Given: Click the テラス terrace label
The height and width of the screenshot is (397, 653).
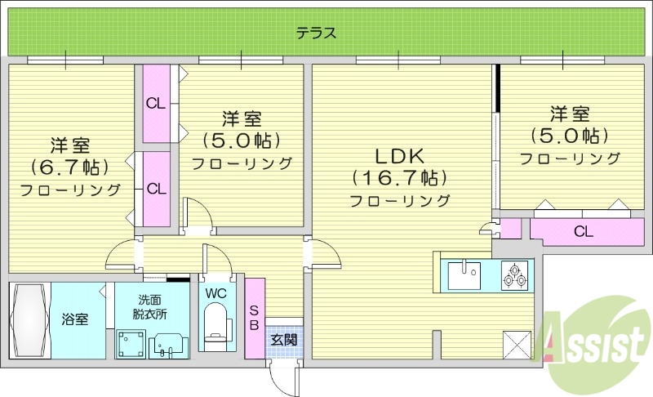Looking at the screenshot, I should pos(316,33).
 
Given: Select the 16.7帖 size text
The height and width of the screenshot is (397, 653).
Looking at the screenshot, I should pos(399,177).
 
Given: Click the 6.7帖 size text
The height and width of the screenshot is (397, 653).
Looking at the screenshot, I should pos(69,167).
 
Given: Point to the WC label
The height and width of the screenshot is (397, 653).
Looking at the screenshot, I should pos(217,292).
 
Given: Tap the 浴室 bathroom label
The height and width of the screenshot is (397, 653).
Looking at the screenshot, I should pos(75,319).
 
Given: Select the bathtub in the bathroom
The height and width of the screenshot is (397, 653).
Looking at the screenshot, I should pos(29,319).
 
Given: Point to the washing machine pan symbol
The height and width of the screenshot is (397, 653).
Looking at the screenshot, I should pos(131,343).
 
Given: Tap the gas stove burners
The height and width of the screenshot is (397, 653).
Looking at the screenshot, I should pos(514,274).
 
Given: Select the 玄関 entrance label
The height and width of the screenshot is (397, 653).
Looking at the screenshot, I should pos(283,339).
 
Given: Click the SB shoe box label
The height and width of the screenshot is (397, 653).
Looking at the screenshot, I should pos(254,318).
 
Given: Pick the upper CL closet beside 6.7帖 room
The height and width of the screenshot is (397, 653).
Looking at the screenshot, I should pos(157,103).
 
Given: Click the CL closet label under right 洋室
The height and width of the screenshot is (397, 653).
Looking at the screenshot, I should pos(583,231).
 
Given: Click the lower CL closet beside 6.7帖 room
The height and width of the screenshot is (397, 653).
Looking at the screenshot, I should pos(157,189).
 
